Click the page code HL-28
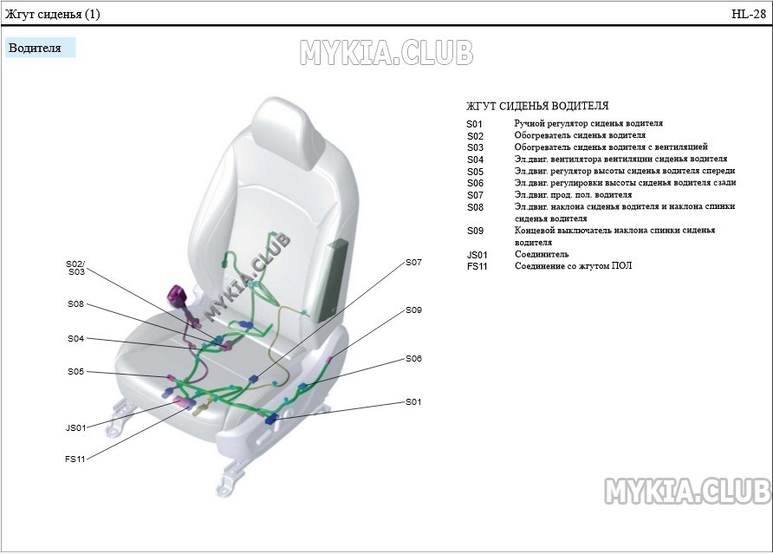point(749,14)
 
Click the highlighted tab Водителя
point(35,48)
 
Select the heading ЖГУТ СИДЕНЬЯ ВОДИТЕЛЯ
point(536,107)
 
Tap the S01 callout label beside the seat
point(413,402)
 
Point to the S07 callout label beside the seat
point(413,262)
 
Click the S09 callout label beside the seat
point(413,310)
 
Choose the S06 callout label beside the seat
point(413,358)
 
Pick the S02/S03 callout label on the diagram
point(75,267)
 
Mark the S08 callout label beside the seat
point(76,304)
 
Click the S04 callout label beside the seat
point(76,339)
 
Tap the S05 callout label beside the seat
point(76,372)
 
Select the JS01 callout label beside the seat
point(76,427)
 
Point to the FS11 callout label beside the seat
point(75,459)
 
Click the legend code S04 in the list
point(475,160)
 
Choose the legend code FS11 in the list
point(477,266)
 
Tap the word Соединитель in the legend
point(542,255)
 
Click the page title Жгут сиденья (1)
point(53,14)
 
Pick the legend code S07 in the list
point(475,195)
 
